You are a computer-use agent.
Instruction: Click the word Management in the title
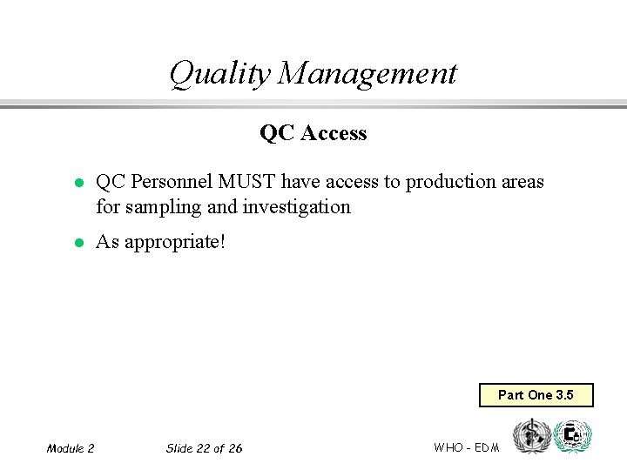click(x=367, y=74)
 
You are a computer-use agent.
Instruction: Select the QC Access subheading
click(x=313, y=133)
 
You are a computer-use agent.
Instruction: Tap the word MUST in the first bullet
click(x=248, y=182)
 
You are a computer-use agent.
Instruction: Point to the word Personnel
click(x=172, y=182)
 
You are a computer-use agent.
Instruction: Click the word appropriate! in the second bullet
click(x=175, y=242)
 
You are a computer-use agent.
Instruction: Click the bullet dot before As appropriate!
click(x=78, y=243)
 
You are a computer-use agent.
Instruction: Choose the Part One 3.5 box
click(x=536, y=395)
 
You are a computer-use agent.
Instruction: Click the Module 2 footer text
click(x=71, y=448)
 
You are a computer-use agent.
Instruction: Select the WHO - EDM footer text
click(x=466, y=447)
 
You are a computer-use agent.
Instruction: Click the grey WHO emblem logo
click(x=531, y=436)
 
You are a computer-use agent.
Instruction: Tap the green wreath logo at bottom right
click(x=572, y=436)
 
